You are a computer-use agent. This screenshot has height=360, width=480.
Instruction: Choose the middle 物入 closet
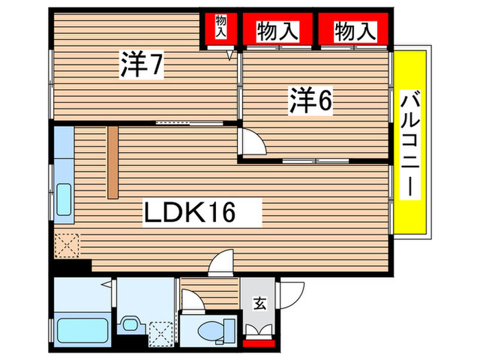pyautogui.click(x=277, y=30)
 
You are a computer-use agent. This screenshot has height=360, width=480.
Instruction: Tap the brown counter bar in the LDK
pyautogui.click(x=112, y=162)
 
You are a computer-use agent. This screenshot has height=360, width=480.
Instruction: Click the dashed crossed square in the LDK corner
pyautogui.click(x=67, y=244)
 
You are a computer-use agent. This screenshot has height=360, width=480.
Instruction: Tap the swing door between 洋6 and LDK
pyautogui.click(x=251, y=145)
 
